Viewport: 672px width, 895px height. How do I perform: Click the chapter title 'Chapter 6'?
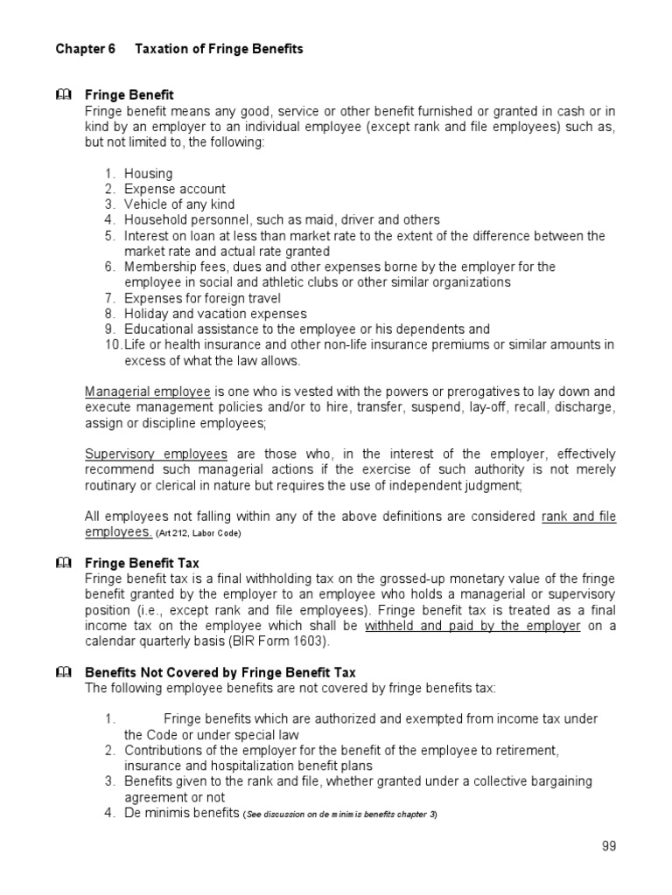(x=86, y=49)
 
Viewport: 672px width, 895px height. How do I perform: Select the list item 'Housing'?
(x=148, y=173)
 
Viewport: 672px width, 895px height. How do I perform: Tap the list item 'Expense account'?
(x=174, y=189)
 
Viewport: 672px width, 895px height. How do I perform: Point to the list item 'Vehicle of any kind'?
(x=178, y=205)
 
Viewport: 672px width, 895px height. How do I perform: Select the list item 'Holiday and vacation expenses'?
(x=215, y=314)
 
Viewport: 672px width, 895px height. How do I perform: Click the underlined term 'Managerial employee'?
(x=147, y=392)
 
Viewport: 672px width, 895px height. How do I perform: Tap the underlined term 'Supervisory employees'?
(x=156, y=454)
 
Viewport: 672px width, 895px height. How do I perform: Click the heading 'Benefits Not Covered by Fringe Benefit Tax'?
(x=220, y=672)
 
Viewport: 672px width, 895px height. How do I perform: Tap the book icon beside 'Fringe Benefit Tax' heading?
(x=62, y=563)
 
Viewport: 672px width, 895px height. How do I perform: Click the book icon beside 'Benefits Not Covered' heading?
(x=62, y=672)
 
